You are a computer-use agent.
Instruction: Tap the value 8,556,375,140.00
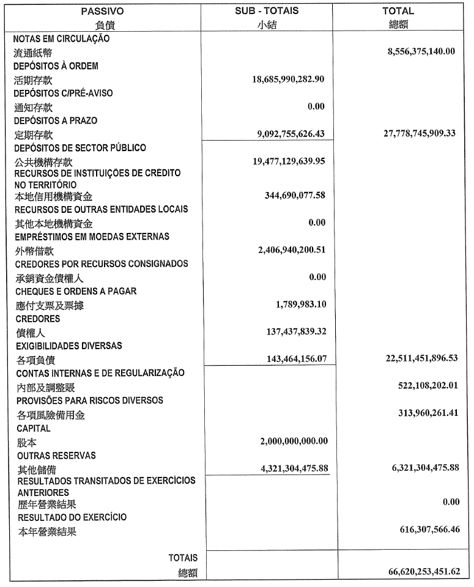pos(421,51)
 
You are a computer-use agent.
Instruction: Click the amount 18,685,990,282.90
pos(288,79)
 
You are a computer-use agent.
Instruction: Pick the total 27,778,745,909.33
pos(420,133)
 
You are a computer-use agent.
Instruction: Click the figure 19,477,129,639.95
pos(288,161)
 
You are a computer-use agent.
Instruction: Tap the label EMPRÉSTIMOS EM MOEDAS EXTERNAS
pos(92,236)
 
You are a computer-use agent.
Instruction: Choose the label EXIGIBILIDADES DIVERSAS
pos(69,345)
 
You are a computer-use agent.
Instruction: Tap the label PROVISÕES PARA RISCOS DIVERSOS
pos(89,401)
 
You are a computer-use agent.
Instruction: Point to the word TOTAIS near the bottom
pos(183,558)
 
